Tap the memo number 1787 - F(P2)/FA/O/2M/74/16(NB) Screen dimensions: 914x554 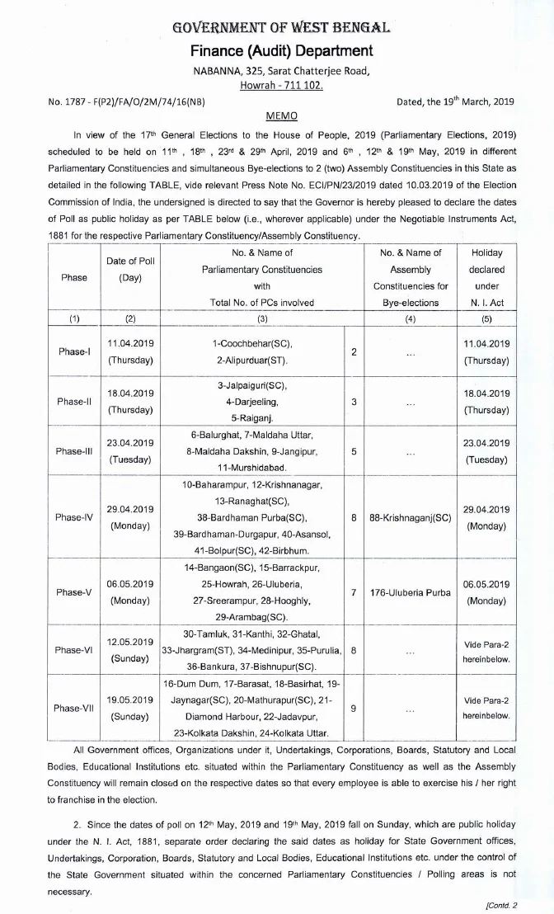click(x=127, y=101)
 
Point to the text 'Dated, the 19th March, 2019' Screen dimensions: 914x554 click(x=455, y=101)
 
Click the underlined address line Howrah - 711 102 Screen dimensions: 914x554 click(x=277, y=85)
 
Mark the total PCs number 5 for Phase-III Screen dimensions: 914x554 click(x=354, y=451)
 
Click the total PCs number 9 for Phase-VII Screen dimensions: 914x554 click(x=354, y=709)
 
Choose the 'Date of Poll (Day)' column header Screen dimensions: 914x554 click(x=129, y=270)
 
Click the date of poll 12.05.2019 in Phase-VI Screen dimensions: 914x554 click(x=130, y=642)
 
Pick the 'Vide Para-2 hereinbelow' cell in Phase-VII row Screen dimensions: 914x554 click(x=486, y=708)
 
